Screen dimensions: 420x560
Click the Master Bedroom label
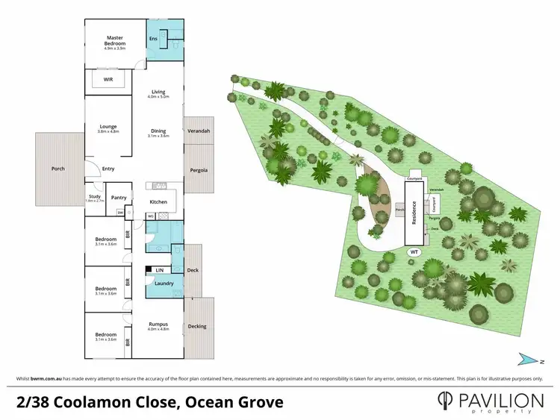click(x=114, y=37)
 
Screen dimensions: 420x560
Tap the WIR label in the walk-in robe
click(x=108, y=78)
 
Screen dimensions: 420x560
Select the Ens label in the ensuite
click(x=154, y=38)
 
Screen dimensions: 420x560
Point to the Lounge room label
click(x=108, y=127)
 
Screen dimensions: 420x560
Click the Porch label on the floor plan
click(x=58, y=169)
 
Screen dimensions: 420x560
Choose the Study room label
click(x=95, y=196)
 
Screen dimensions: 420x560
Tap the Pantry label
click(x=119, y=198)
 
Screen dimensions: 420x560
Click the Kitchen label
click(x=158, y=202)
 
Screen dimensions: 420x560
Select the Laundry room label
click(x=164, y=283)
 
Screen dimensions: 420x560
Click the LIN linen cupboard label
click(x=159, y=269)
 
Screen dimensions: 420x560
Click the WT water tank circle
click(x=414, y=252)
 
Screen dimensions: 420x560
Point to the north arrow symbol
click(x=532, y=359)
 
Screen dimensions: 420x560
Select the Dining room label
click(x=158, y=131)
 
